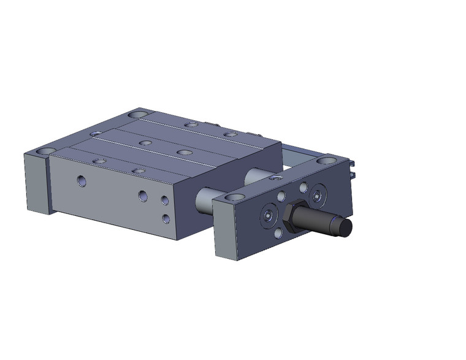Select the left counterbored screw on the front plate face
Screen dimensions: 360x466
tap(269, 216)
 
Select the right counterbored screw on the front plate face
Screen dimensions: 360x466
tap(316, 196)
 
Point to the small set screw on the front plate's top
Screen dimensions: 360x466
tap(275, 178)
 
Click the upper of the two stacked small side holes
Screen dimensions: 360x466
tap(165, 200)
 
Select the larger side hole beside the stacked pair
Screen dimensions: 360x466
tap(142, 196)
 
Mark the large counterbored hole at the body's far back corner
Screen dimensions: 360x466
tap(139, 115)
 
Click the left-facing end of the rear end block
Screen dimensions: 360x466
tap(35, 184)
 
